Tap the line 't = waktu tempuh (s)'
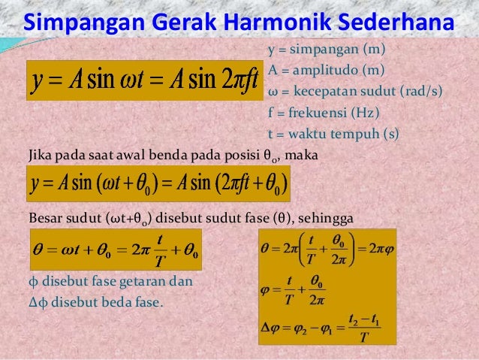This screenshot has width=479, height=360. [333, 135]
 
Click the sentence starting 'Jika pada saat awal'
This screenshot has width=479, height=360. [172, 156]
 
